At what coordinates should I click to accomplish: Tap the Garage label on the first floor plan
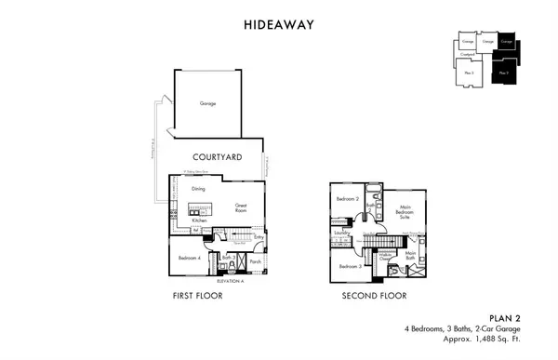208,103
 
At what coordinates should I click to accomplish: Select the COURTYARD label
217,158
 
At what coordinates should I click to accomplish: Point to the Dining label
198,189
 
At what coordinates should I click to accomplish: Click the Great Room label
240,207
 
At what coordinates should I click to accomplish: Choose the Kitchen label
199,220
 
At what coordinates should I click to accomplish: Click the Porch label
254,261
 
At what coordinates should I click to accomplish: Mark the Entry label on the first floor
259,236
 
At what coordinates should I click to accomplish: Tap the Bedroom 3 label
350,267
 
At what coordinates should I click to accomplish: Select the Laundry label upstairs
341,233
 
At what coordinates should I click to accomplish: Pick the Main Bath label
410,254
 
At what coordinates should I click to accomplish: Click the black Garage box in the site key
507,42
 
